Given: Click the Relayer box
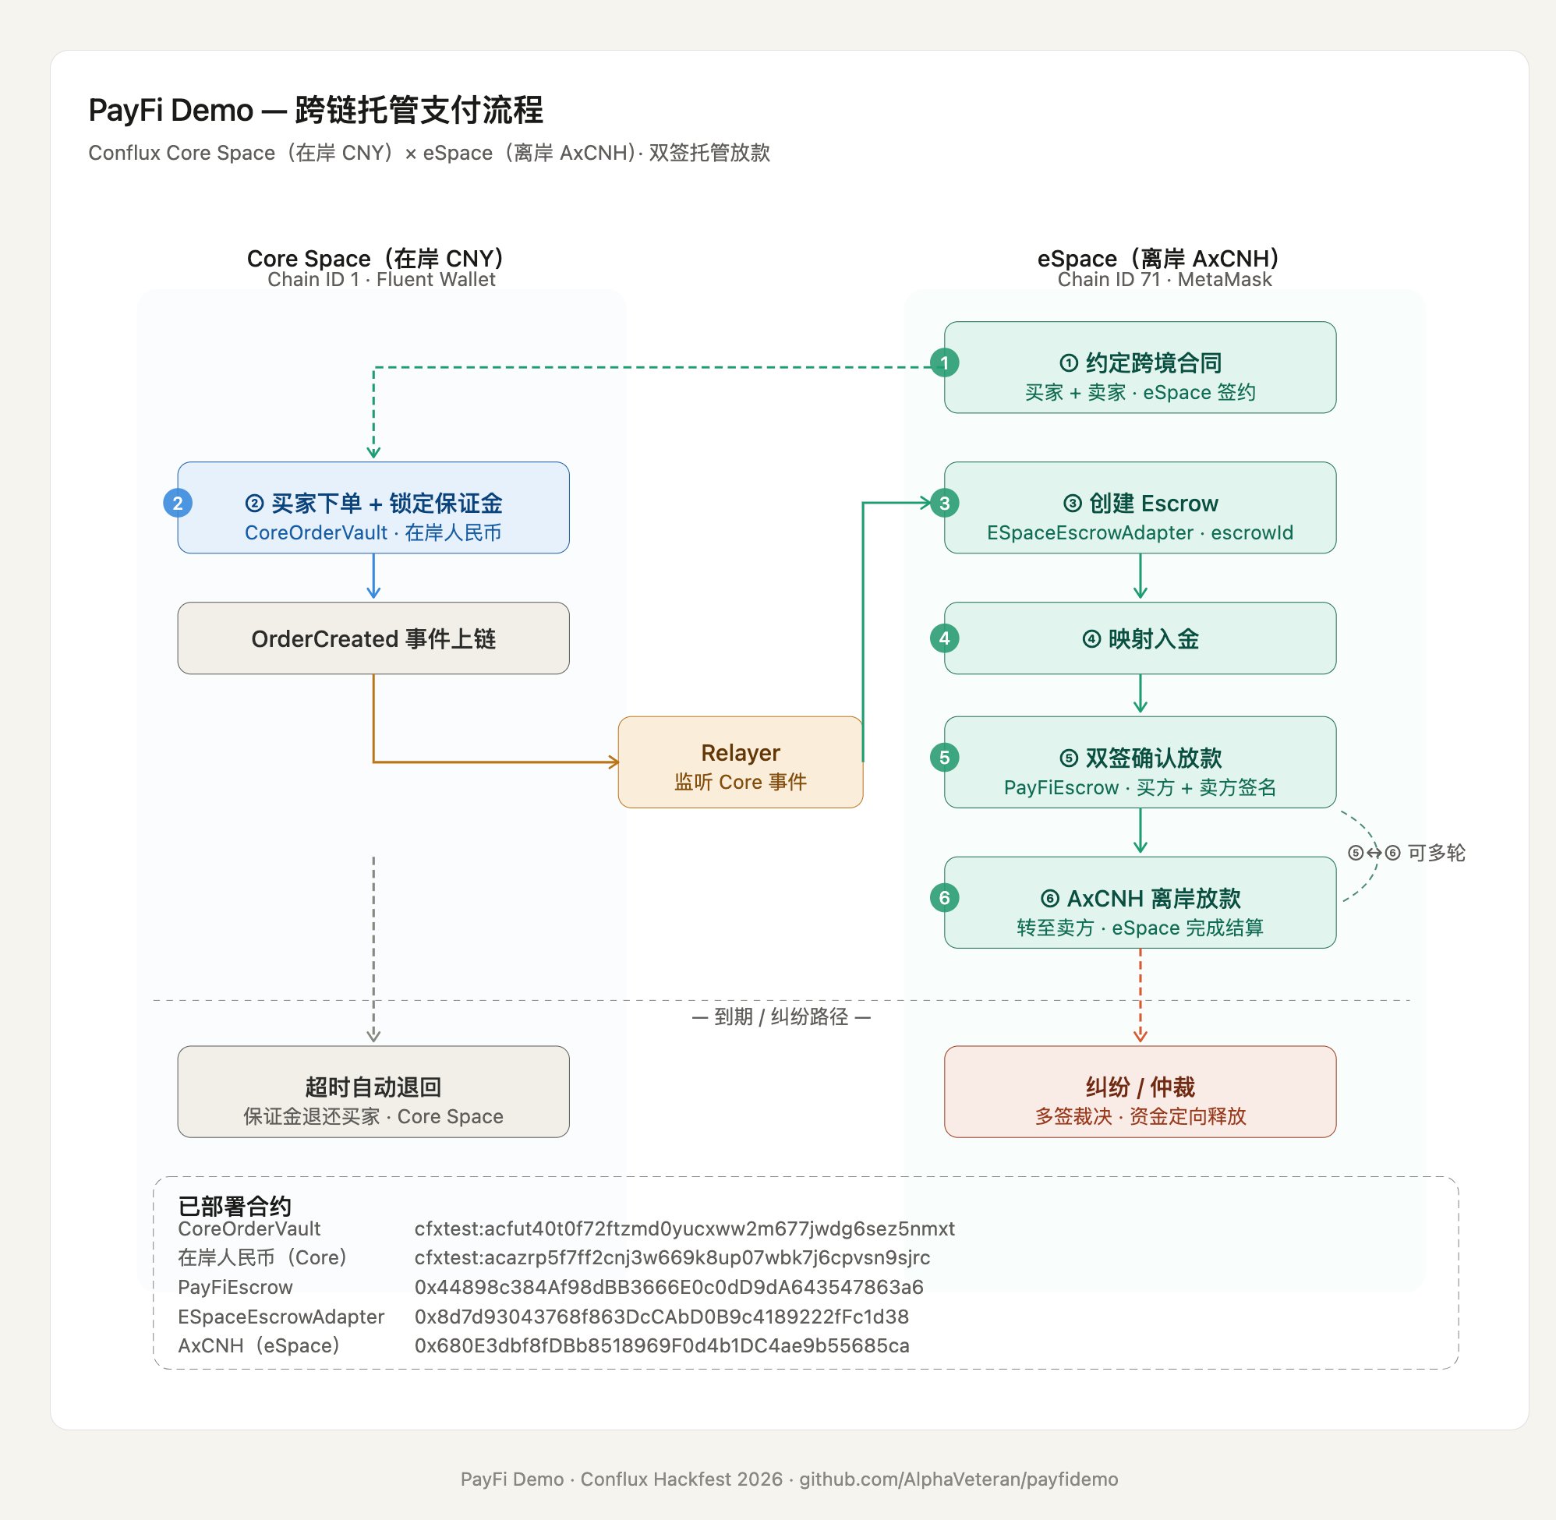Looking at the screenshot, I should coord(740,762).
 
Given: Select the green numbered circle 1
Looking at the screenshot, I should coord(945,363).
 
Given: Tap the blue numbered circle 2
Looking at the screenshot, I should coord(177,503).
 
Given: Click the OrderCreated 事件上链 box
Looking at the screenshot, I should coord(373,638).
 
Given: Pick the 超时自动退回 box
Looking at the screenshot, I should coord(373,1091).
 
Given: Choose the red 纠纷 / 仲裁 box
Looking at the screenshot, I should coord(1139,1091).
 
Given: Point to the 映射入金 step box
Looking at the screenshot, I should coord(1139,638).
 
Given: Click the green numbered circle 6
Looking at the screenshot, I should coord(945,898).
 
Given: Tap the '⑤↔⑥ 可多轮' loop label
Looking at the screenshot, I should coord(1406,854).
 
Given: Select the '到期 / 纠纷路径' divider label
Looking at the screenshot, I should coord(781,1016).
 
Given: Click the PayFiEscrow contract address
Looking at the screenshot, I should coord(668,1287).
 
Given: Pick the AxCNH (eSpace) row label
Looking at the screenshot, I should coord(259,1345).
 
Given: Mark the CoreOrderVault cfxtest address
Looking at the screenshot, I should coord(684,1228).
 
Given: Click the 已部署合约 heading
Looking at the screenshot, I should coord(234,1205).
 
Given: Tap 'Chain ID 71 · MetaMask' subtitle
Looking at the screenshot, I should coord(1164,279).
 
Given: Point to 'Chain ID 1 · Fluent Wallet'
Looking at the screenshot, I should coord(381,279).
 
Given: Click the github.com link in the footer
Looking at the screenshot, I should coord(958,1479).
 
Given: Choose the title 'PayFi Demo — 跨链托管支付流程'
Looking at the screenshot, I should coord(316,110).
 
